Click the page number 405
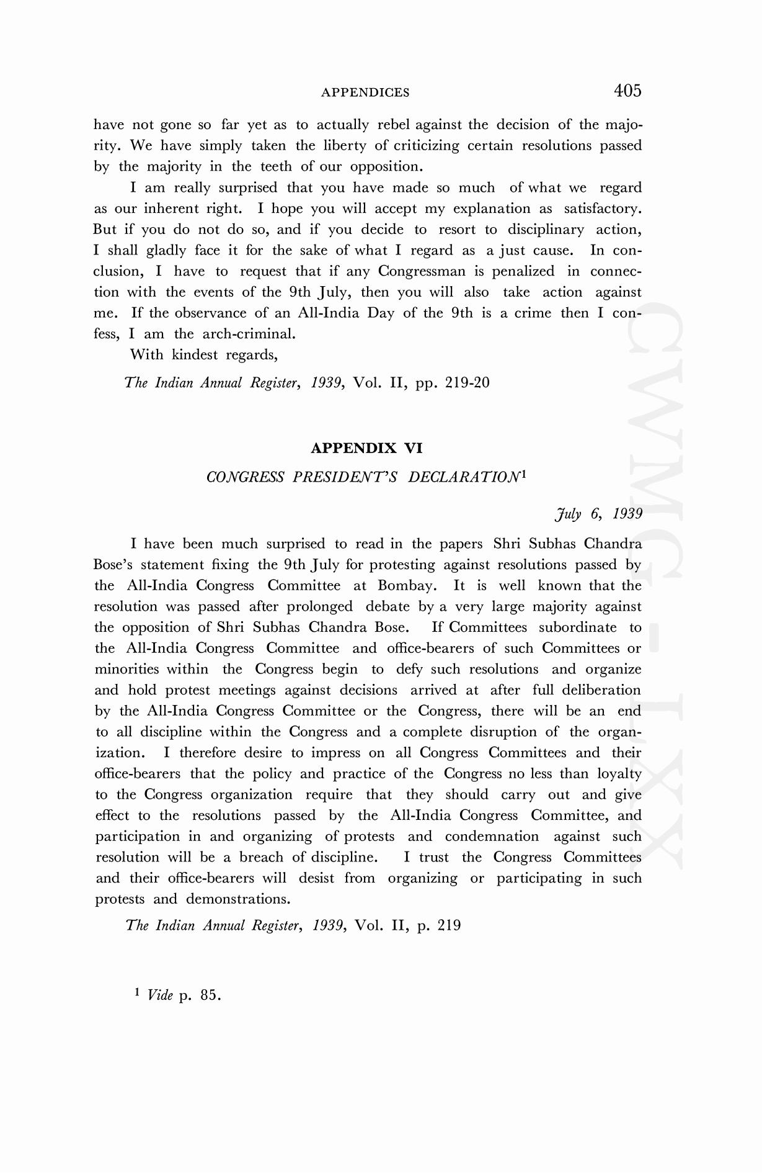[627, 91]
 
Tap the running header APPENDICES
[365, 93]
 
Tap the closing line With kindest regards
[203, 355]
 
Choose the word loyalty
[619, 774]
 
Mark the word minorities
[126, 670]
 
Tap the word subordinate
[577, 627]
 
